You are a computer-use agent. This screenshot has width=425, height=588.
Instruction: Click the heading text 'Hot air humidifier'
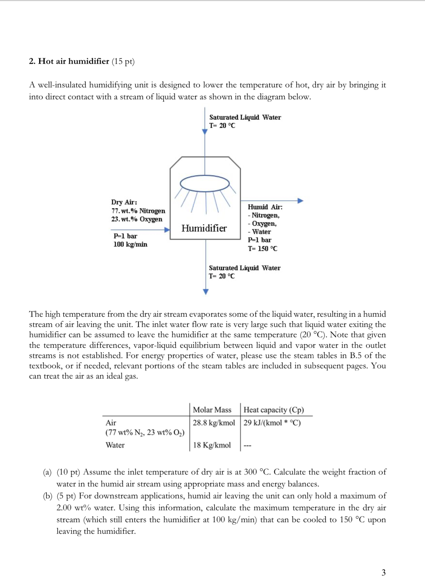(73, 61)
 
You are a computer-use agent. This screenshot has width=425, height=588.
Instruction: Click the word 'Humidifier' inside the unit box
(204, 228)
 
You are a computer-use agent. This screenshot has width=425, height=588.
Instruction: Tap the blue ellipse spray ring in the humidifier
(205, 183)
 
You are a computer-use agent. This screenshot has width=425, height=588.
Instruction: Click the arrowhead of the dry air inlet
(167, 230)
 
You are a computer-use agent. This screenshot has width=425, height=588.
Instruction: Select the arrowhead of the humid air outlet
(300, 201)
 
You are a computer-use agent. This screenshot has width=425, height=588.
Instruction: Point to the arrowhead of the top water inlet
(205, 132)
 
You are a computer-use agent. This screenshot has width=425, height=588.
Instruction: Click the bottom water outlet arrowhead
(206, 292)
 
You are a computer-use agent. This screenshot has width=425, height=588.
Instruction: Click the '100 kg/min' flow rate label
(130, 245)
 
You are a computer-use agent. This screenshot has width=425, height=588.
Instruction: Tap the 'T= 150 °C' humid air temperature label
(262, 249)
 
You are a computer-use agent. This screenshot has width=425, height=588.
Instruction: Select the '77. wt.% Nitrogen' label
(138, 211)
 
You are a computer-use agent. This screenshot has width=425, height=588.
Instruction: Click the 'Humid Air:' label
(265, 207)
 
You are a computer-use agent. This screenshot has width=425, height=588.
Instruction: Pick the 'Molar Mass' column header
(212, 410)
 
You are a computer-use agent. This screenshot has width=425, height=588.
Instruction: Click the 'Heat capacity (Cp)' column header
(273, 410)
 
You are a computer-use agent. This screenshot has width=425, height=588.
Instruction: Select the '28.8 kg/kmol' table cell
(213, 423)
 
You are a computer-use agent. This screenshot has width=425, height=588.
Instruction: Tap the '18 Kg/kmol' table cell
(212, 445)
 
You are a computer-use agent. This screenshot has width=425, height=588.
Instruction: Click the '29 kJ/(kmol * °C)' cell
(272, 423)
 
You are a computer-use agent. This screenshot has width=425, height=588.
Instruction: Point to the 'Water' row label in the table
(115, 445)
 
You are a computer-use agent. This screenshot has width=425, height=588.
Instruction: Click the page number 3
(383, 572)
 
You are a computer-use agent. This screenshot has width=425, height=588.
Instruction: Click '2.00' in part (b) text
(64, 508)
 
